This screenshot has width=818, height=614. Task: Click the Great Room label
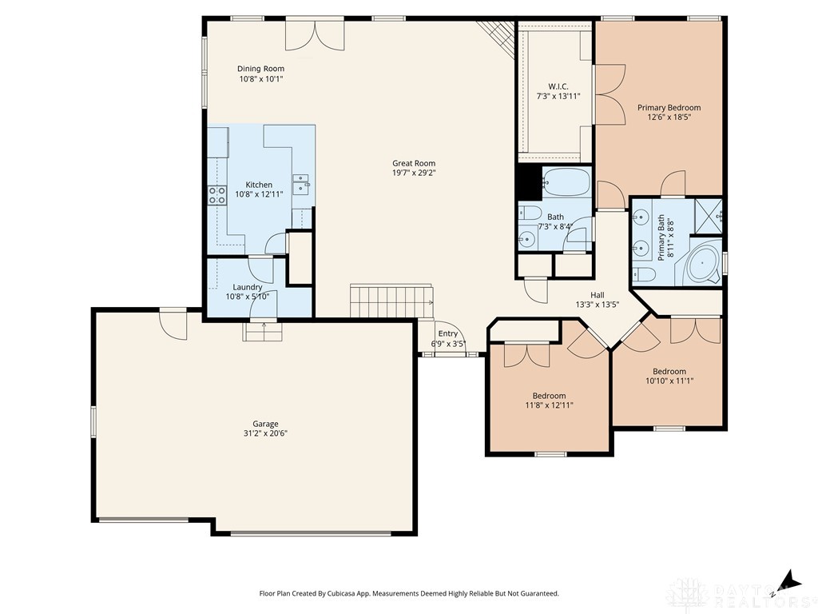pyautogui.click(x=414, y=163)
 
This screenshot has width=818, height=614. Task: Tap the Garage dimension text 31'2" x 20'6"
pyautogui.click(x=265, y=433)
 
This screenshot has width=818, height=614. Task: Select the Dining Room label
pyautogui.click(x=261, y=69)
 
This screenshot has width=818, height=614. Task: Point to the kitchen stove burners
pyautogui.click(x=217, y=196)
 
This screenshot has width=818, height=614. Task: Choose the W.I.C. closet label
pyautogui.click(x=558, y=86)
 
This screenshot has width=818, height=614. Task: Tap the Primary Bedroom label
pyautogui.click(x=669, y=108)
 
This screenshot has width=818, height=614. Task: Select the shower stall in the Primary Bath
pyautogui.click(x=708, y=216)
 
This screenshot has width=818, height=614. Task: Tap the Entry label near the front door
pyautogui.click(x=447, y=333)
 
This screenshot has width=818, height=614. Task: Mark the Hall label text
pyautogui.click(x=598, y=295)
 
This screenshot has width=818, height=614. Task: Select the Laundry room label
pyautogui.click(x=248, y=287)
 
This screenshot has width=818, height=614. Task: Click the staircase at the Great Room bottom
pyautogui.click(x=391, y=301)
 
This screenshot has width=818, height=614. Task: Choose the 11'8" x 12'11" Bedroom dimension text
pyautogui.click(x=550, y=405)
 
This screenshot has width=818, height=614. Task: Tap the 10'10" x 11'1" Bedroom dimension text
pyautogui.click(x=669, y=381)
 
